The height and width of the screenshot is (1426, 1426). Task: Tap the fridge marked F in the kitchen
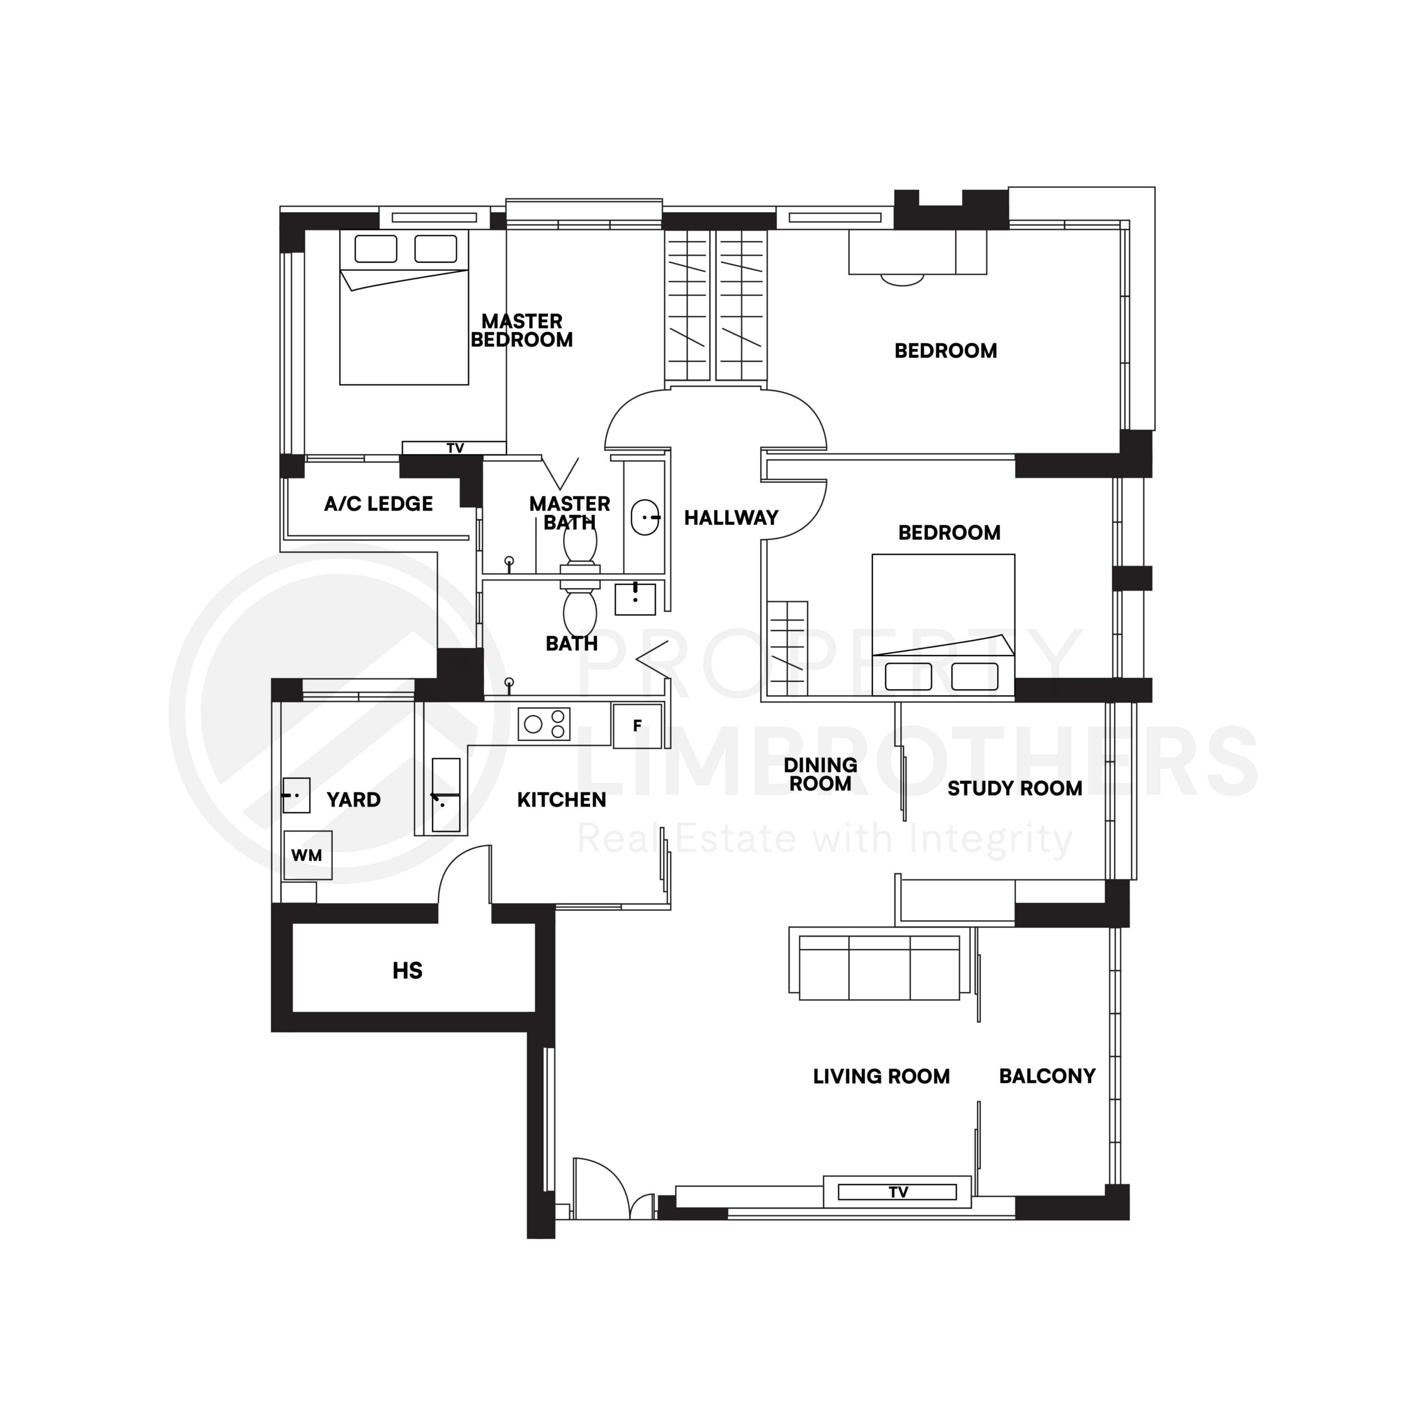pos(637,726)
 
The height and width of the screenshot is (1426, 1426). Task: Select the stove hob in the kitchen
pos(544,724)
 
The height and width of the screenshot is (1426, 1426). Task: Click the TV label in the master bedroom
pos(455,448)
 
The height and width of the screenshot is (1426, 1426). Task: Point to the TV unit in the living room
pos(897,1192)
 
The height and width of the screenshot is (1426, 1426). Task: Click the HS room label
pos(407,970)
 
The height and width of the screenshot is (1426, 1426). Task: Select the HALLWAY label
pos(731,518)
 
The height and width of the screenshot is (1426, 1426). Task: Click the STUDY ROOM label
pos(1014,788)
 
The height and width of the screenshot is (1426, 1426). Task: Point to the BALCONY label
pos(1047,1076)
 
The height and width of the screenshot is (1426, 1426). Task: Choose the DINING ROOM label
pos(820,774)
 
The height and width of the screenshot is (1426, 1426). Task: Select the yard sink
pos(296,795)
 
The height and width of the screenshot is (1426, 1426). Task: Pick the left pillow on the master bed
pos(375,249)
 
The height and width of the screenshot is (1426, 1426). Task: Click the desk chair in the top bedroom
pos(902,280)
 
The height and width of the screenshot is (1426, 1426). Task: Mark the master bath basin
pos(645,517)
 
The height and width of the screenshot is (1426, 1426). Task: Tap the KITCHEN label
pos(561,799)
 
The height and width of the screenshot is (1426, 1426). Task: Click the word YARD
pos(354,799)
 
